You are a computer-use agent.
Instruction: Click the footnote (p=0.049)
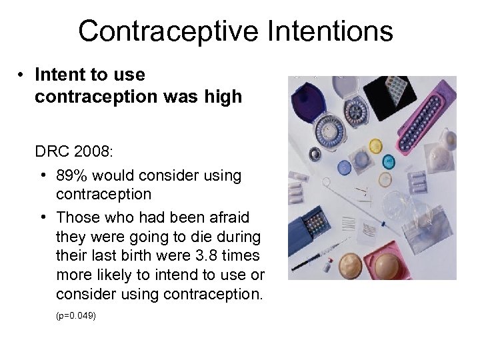[x=76, y=315]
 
